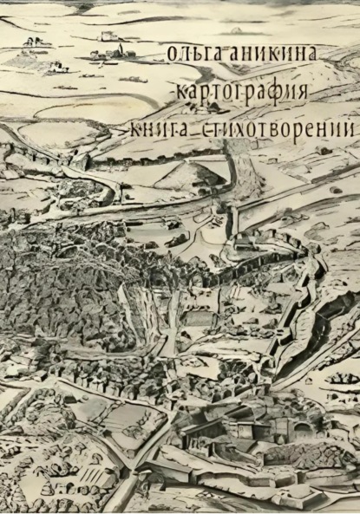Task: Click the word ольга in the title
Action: pyautogui.click(x=191, y=54)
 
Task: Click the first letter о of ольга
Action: pyautogui.click(x=169, y=55)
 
